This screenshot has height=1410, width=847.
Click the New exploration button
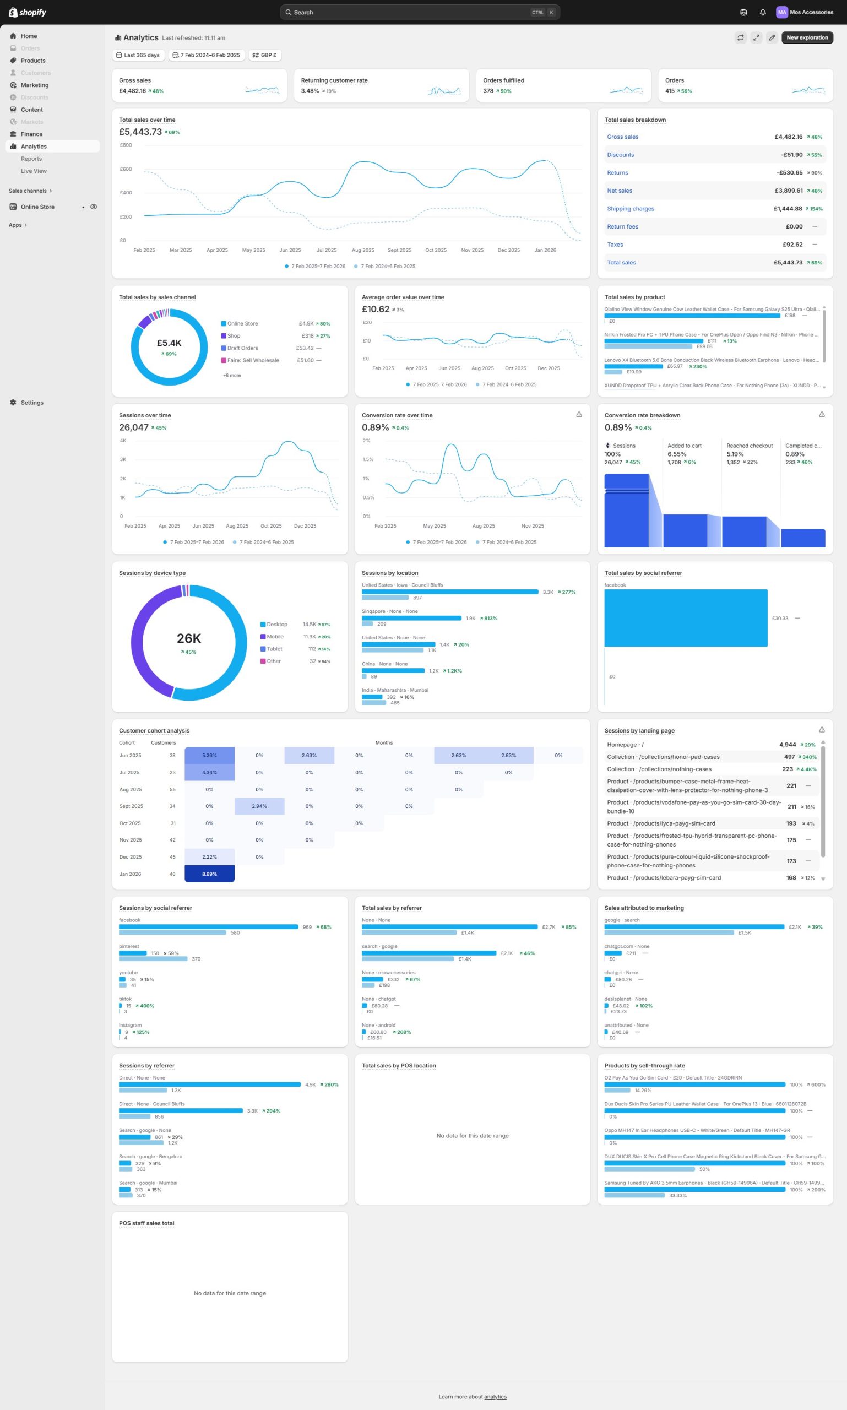coord(806,37)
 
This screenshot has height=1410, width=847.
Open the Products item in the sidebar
coord(33,61)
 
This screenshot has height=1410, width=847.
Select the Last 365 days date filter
coord(138,56)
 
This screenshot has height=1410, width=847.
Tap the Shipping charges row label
coord(630,209)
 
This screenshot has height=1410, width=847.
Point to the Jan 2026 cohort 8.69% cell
coord(209,874)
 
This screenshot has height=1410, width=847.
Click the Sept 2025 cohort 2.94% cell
coord(259,806)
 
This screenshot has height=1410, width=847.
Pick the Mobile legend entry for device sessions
coord(275,637)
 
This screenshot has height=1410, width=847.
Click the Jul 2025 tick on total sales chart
coord(327,250)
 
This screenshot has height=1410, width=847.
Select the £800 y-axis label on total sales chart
coord(126,145)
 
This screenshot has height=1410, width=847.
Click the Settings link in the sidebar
coord(32,403)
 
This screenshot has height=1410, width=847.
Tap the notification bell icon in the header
coord(763,13)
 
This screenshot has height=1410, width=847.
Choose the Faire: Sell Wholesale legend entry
coord(253,360)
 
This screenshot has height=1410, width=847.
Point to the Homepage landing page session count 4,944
coord(787,745)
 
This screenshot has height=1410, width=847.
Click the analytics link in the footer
coord(495,1396)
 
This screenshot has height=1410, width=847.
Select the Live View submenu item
coord(34,171)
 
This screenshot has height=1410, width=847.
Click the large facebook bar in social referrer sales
coord(686,617)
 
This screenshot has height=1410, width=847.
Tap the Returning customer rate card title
coord(334,80)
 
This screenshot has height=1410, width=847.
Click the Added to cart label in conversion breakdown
coord(685,446)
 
